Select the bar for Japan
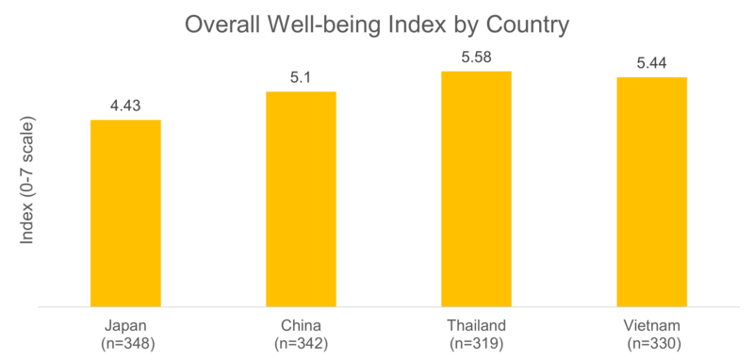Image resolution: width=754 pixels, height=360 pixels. (x=125, y=212)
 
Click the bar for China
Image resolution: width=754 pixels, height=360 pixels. (x=301, y=198)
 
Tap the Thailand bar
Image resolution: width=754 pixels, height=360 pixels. (x=476, y=188)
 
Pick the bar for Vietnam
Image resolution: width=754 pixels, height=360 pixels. (x=652, y=191)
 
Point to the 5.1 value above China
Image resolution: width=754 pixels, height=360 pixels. (x=301, y=76)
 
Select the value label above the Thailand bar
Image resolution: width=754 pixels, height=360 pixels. (x=476, y=57)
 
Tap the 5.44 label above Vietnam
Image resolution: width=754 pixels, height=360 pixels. (x=652, y=62)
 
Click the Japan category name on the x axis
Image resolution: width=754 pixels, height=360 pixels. (x=125, y=325)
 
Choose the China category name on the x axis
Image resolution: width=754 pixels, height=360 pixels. (x=301, y=325)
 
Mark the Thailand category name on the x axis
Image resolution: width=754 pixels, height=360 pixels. (x=476, y=325)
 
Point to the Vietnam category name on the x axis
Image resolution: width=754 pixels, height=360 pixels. (x=652, y=325)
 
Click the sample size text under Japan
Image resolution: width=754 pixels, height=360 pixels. (x=125, y=343)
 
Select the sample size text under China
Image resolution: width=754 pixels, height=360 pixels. (x=301, y=343)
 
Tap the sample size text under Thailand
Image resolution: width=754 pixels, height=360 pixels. (x=476, y=343)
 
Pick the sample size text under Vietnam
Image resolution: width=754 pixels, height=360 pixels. (x=652, y=343)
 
